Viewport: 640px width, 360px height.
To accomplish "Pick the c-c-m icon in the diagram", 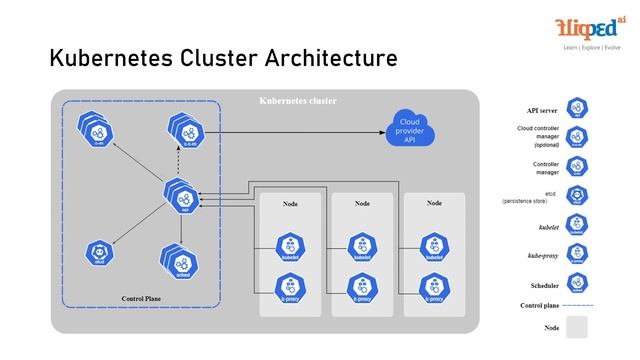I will [181, 131].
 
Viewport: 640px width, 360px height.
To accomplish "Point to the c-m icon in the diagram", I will [98, 131].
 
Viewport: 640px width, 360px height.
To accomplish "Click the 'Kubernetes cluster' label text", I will [298, 101].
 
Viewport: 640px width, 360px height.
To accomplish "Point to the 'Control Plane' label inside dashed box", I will [140, 298].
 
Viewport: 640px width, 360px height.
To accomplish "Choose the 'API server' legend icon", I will [577, 109].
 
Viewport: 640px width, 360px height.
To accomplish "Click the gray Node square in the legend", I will [577, 326].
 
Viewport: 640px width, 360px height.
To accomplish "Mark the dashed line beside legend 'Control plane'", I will [572, 305].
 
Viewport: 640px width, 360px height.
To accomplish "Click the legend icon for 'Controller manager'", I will [577, 166].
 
